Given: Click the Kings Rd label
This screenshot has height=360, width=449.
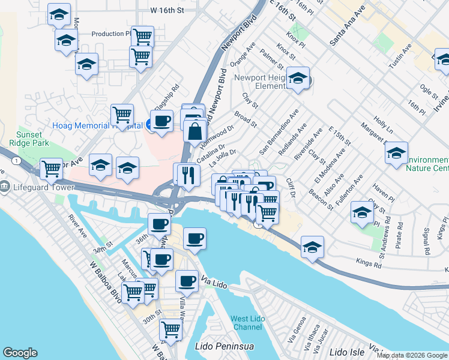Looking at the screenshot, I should pos(369,262).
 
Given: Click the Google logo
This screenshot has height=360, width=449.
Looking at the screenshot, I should pos(20,352).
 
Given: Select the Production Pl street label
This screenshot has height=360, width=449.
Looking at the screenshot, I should pos(111,34).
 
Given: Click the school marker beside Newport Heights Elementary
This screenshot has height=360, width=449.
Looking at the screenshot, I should pos(298,79).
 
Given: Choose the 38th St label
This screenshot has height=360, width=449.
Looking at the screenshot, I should pos(103,247).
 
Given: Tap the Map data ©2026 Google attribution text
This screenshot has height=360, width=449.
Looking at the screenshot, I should pos(412,355).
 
